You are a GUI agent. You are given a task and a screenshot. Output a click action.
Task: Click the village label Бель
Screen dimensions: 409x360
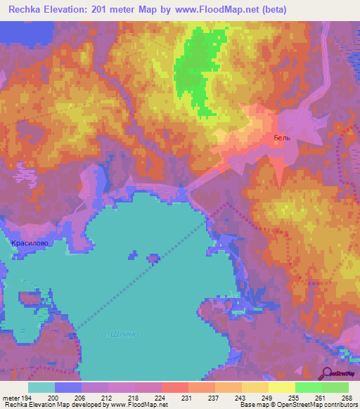(282, 138)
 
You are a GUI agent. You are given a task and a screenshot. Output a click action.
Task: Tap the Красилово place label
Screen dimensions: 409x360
(30, 242)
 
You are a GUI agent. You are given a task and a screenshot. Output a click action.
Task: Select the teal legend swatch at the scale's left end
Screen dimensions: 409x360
(41, 387)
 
